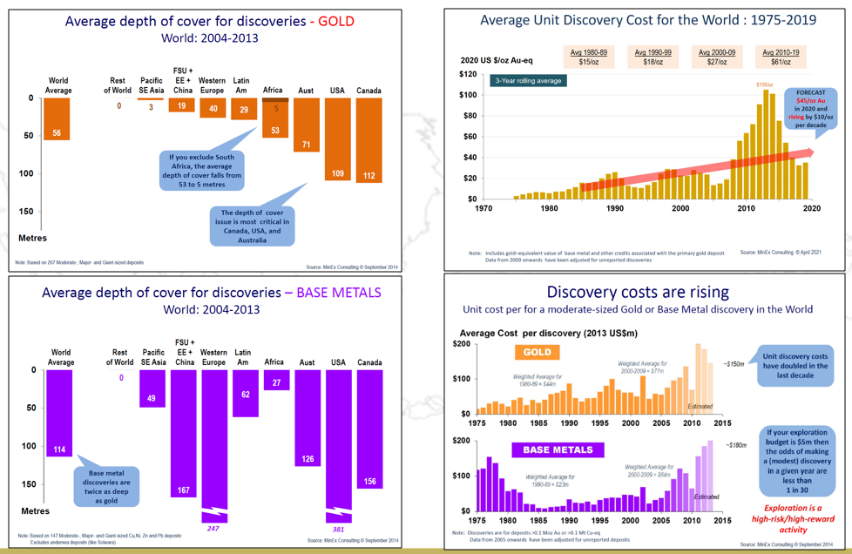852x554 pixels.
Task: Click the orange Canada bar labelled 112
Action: (x=369, y=139)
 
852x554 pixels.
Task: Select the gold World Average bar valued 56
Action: (x=57, y=118)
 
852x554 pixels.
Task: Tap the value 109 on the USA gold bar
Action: (x=337, y=174)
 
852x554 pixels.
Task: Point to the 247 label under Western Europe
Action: (x=213, y=529)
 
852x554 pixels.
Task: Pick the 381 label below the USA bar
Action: (x=337, y=529)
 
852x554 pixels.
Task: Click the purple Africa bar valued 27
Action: (x=276, y=380)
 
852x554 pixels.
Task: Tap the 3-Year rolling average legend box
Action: (x=527, y=81)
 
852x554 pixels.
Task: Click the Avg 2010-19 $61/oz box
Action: (x=780, y=57)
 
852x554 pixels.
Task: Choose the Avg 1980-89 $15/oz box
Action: (x=589, y=57)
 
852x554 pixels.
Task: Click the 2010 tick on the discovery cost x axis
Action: (x=747, y=208)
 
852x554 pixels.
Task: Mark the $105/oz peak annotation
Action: (x=764, y=84)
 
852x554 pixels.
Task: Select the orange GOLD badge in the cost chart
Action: (x=537, y=353)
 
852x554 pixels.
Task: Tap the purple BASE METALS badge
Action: (x=558, y=450)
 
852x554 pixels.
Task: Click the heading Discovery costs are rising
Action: (x=638, y=292)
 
